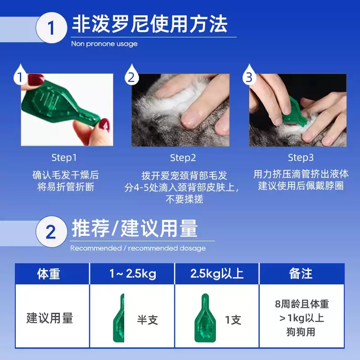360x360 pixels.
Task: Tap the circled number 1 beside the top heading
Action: [51, 28]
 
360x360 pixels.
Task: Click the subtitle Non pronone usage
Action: [104, 44]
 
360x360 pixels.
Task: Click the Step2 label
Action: [183, 158]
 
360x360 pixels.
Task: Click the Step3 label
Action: [301, 158]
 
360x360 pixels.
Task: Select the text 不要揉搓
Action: [183, 199]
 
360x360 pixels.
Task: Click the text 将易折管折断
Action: [66, 187]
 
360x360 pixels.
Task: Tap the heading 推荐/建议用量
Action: [135, 229]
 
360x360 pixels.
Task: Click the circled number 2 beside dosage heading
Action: [51, 232]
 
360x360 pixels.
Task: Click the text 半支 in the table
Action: [147, 320]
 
